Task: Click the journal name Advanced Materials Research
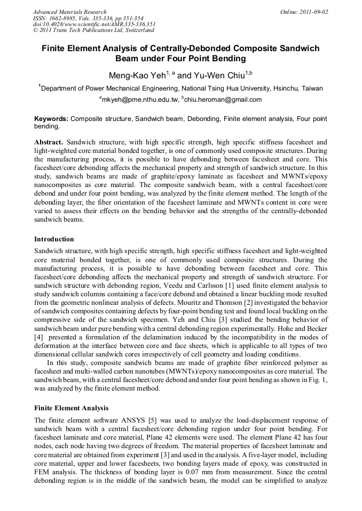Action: coord(69,12)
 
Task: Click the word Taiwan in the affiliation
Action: coord(311,88)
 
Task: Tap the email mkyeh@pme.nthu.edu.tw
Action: coord(140,100)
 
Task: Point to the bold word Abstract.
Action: coord(49,143)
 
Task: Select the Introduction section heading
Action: coord(54,239)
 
